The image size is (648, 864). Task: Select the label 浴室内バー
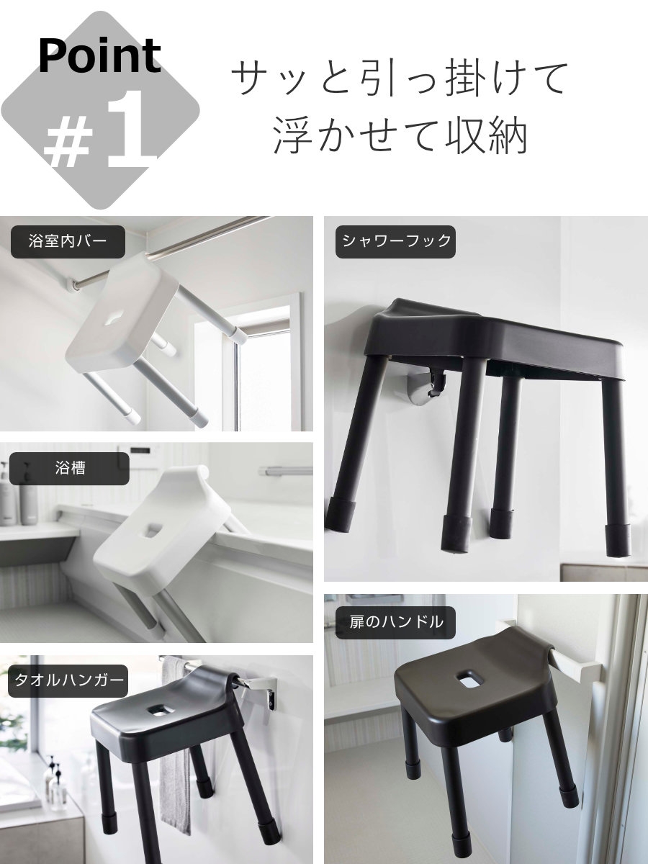coord(68,241)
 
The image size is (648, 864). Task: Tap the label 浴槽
coord(69,469)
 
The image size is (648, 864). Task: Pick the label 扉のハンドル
coord(395,622)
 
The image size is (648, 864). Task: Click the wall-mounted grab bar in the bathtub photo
coord(286,471)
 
